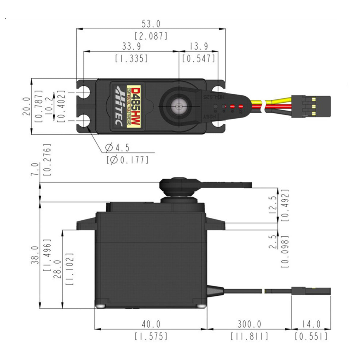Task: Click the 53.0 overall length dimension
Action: (151, 23)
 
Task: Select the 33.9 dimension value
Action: (131, 46)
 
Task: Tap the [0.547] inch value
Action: (199, 59)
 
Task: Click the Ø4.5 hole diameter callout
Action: (117, 147)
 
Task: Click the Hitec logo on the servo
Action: (119, 106)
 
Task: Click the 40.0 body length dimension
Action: (151, 324)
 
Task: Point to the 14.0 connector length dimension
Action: (311, 324)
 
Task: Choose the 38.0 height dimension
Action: (35, 255)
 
